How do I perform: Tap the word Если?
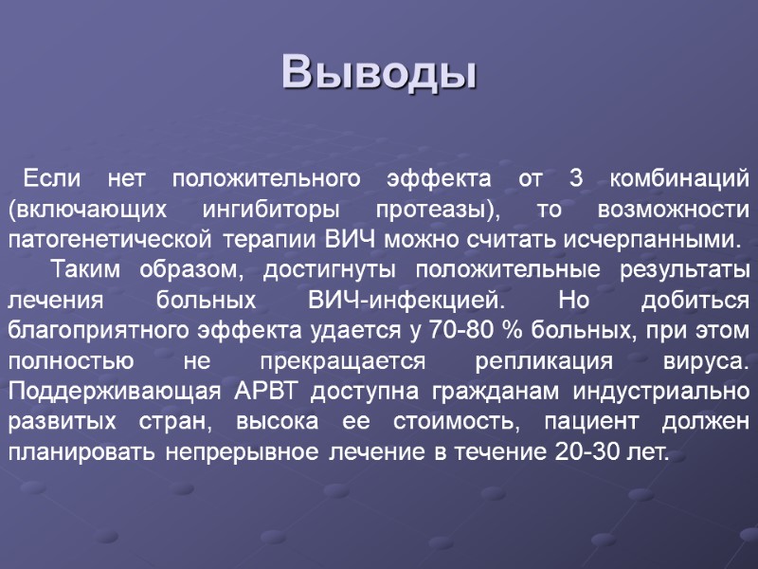[51, 177]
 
